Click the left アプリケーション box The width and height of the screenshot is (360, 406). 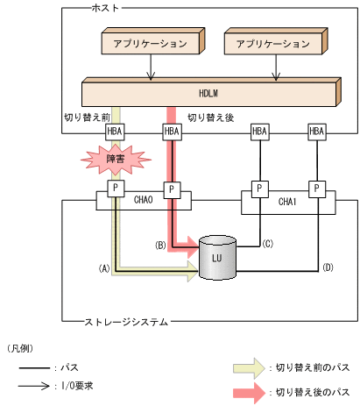coord(152,42)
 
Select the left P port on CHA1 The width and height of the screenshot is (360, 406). coord(259,189)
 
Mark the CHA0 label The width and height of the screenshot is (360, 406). coord(143,200)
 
